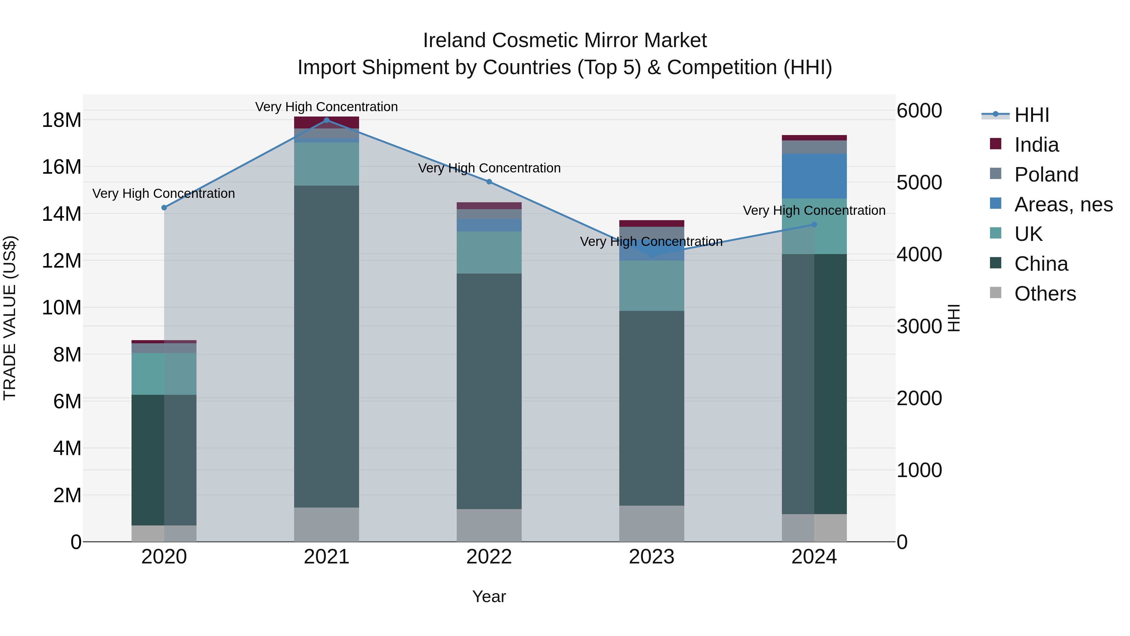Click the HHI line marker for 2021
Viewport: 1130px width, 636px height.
pos(326,120)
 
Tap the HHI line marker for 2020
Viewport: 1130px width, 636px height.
pos(164,208)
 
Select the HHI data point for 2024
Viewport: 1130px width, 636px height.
pos(814,225)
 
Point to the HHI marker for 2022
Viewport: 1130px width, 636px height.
pos(489,182)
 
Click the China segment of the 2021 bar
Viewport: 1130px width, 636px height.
pos(326,346)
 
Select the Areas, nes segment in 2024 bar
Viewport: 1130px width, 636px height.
pos(814,176)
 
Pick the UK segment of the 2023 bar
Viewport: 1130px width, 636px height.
pos(651,286)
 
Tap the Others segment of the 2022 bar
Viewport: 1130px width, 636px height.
pos(489,525)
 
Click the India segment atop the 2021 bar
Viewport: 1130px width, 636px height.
pos(326,122)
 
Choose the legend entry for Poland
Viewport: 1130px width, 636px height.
pos(1046,175)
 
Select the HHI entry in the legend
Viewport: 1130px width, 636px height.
pos(1031,115)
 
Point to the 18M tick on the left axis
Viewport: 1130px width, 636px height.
pos(62,120)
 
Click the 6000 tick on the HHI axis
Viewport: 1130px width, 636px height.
pos(919,111)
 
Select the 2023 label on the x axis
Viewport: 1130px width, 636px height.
pos(651,557)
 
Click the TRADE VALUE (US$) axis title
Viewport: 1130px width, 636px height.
pos(10,318)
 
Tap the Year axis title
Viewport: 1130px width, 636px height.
pos(489,596)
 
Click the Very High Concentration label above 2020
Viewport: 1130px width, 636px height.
pos(164,193)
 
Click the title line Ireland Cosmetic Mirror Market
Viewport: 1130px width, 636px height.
pos(565,41)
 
